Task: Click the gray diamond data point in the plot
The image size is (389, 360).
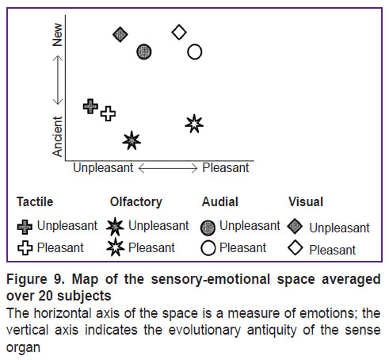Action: click(x=120, y=34)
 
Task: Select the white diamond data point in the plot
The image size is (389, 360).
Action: click(x=179, y=33)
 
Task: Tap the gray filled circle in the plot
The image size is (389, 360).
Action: click(x=144, y=52)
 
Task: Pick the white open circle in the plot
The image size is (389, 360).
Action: click(x=195, y=52)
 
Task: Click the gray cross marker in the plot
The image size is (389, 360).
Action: click(x=90, y=106)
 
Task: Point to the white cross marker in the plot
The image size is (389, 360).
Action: click(x=108, y=114)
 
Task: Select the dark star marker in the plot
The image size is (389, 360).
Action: click(x=132, y=140)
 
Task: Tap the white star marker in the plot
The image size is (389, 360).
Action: click(x=194, y=124)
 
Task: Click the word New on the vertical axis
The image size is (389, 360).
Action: click(x=57, y=35)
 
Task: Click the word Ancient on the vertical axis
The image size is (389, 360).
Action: click(x=57, y=136)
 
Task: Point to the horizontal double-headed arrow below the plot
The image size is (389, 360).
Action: click(x=168, y=168)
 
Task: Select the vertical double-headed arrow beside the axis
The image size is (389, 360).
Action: click(x=58, y=80)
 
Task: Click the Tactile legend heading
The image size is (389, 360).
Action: click(x=35, y=202)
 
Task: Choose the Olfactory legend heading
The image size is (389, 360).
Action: click(x=136, y=202)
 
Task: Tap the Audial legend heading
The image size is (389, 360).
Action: click(x=220, y=202)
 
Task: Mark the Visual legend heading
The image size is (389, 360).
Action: click(x=306, y=202)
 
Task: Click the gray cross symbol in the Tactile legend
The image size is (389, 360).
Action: click(x=25, y=227)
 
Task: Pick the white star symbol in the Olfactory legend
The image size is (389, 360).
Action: click(x=115, y=247)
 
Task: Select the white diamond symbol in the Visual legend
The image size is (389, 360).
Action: click(x=295, y=247)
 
